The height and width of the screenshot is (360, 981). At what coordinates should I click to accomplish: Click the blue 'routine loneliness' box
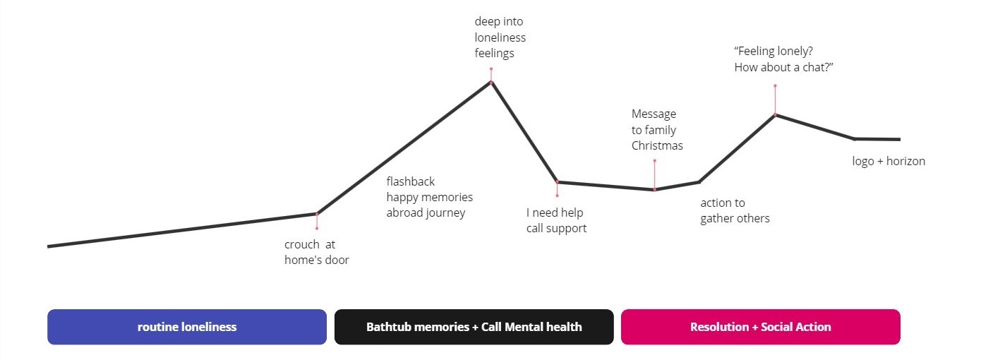tap(187, 327)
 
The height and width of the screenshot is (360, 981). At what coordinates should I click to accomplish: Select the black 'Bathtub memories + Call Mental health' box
tap(474, 327)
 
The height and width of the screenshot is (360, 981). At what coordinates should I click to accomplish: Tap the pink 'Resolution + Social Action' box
tap(760, 327)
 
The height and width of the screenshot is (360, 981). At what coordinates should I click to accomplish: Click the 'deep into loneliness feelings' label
tap(500, 37)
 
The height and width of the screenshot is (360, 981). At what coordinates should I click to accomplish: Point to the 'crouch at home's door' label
tap(316, 252)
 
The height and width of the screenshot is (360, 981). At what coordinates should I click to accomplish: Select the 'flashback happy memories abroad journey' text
tap(429, 197)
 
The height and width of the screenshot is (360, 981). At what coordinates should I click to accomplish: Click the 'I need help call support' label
tap(556, 220)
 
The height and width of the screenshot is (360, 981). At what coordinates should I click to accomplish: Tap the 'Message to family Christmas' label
tap(657, 130)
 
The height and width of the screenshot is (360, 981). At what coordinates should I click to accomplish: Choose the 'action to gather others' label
tap(735, 210)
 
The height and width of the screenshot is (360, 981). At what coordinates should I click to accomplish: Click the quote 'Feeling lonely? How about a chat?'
tap(784, 59)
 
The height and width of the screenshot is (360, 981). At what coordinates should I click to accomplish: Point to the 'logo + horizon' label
tap(888, 161)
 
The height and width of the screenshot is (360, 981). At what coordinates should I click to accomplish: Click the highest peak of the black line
tap(491, 83)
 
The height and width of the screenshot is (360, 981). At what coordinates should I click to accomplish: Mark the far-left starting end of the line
tap(49, 246)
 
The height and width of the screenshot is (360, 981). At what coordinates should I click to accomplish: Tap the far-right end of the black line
tap(899, 139)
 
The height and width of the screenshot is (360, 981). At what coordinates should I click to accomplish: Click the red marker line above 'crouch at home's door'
tap(317, 221)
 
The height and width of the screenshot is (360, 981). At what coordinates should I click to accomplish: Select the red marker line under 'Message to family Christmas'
tap(654, 175)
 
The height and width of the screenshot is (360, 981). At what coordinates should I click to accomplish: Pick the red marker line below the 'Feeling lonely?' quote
tap(775, 100)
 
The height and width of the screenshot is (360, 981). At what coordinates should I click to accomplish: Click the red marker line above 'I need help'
tap(557, 188)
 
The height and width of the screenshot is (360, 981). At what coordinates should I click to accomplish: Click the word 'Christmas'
tap(657, 145)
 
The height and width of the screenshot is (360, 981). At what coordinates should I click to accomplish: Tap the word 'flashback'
tap(411, 181)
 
